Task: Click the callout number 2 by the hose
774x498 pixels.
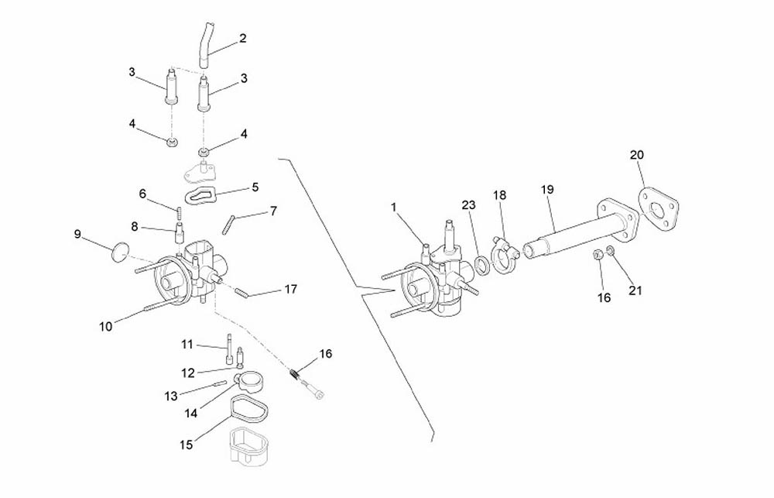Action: tap(242, 38)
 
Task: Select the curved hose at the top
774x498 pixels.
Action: tap(204, 44)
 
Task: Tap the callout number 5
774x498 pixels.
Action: tap(255, 187)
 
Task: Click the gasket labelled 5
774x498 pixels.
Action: tap(201, 196)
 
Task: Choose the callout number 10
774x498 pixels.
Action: tap(106, 327)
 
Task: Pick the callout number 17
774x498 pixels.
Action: tap(291, 289)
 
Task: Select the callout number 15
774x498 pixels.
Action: tap(186, 445)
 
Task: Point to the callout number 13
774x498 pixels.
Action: tap(171, 397)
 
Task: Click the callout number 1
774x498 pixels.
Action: tap(393, 207)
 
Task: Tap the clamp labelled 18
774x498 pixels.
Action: tap(504, 254)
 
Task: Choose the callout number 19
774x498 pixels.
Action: tap(547, 189)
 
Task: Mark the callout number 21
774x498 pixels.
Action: tap(635, 290)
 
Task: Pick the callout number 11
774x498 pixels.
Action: tap(187, 345)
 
